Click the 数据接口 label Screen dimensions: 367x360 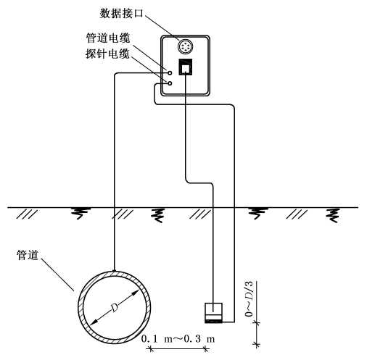[x=122, y=14]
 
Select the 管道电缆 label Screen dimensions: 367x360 [x=108, y=38]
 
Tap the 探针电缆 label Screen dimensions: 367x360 [x=107, y=54]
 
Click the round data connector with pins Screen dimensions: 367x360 [x=186, y=46]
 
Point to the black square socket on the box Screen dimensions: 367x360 [x=185, y=67]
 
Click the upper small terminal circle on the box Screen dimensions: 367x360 [x=170, y=72]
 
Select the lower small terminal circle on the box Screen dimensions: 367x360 [x=170, y=83]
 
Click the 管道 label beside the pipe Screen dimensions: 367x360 [x=28, y=255]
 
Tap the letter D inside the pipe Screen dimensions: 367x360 [x=114, y=307]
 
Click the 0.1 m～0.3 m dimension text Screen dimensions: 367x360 [x=178, y=339]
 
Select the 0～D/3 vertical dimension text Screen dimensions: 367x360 [x=249, y=299]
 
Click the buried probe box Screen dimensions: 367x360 [x=213, y=313]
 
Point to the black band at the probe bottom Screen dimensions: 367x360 [x=213, y=322]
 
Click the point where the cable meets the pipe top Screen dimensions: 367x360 [x=114, y=271]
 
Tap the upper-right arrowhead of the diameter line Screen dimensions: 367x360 [x=136, y=292]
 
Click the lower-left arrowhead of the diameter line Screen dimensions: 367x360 [x=93, y=322]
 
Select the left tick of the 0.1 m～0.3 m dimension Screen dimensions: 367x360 [x=150, y=349]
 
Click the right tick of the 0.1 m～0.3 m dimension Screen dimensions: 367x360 [x=206, y=349]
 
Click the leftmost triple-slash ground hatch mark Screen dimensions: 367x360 [x=27, y=214]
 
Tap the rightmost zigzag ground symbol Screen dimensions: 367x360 [x=334, y=215]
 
